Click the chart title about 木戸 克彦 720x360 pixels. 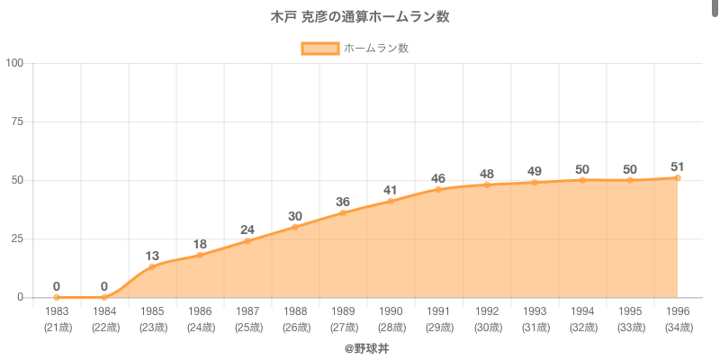point(360,17)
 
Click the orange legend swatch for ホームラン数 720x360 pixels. point(319,49)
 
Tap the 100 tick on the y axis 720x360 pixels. point(14,63)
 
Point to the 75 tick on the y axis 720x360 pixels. point(18,121)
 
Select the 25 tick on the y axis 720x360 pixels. point(18,238)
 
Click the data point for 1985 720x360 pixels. point(152,266)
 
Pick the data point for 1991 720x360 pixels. point(438,189)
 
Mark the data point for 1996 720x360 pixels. point(677,177)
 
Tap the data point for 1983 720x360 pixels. point(57,297)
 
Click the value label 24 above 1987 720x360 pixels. point(247,229)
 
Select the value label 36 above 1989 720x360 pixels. point(343,202)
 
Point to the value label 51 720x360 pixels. point(677,166)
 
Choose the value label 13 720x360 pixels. point(152,256)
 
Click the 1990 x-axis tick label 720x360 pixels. point(391,311)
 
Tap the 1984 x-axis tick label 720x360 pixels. point(104,311)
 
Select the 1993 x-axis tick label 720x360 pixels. point(534,311)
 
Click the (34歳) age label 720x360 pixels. point(677,327)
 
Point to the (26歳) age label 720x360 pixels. point(295,327)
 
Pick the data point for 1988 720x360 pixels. point(295,227)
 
